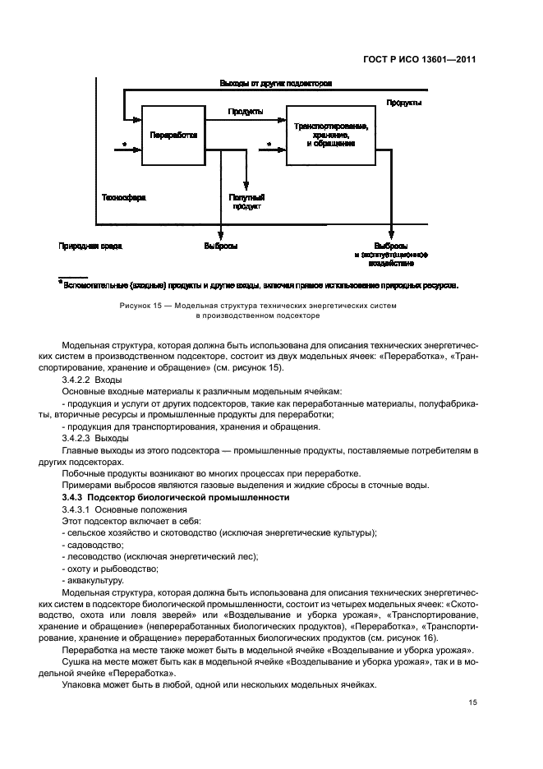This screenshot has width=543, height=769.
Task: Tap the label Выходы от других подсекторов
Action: click(275, 84)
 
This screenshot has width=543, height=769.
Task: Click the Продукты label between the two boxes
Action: click(246, 111)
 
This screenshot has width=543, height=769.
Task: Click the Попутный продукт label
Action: click(246, 202)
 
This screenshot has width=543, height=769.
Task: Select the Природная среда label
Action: click(85, 246)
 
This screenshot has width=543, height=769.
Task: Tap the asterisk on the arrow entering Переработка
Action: click(124, 145)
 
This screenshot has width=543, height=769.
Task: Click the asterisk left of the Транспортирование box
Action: click(269, 145)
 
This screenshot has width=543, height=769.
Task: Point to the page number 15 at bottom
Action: click(472, 702)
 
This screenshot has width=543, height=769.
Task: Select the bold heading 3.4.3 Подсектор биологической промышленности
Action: click(176, 499)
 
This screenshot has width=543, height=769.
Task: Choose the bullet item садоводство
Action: click(89, 545)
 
